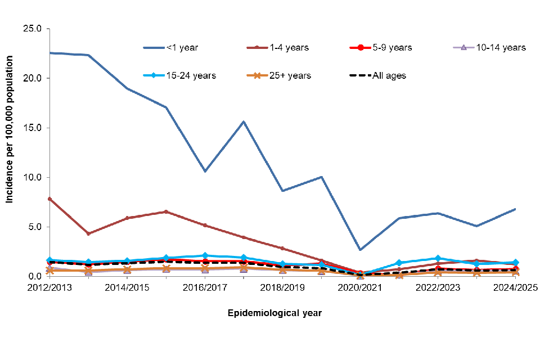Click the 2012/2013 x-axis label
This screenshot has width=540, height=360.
point(49,287)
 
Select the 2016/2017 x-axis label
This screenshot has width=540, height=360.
point(205,287)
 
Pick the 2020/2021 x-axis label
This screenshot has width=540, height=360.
point(361,287)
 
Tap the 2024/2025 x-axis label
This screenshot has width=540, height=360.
point(515,287)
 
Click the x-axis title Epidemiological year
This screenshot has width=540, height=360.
point(274,313)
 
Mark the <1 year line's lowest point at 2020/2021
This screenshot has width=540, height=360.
point(361,250)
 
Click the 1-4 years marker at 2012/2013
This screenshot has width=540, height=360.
point(49,199)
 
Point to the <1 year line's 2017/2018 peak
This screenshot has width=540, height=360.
point(244,121)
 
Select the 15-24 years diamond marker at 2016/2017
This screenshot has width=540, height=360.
point(205,255)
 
